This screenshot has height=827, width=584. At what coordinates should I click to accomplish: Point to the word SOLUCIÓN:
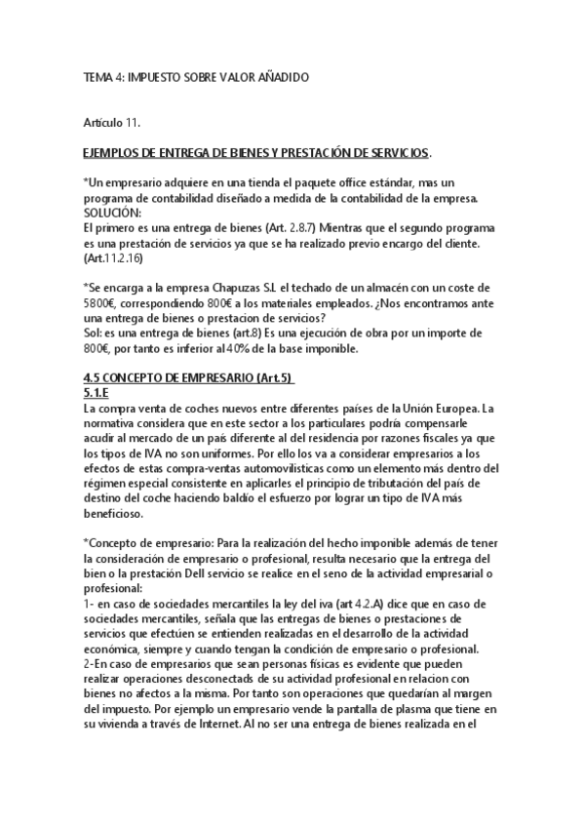pyautogui.click(x=113, y=212)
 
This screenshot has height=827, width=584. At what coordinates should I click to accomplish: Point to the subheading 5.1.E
pyautogui.click(x=97, y=393)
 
